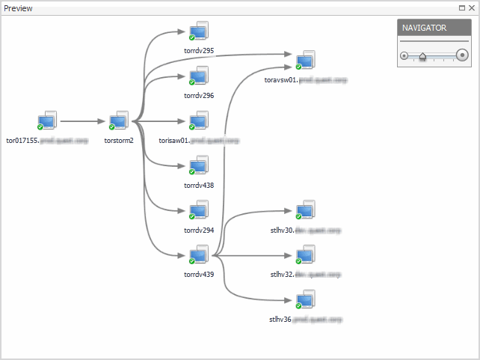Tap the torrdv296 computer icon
[x=199, y=76]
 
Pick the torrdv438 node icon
[x=199, y=166]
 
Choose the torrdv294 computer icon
[x=199, y=211]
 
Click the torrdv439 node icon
[x=199, y=255]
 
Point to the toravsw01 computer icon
[x=304, y=61]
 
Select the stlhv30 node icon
[x=304, y=211]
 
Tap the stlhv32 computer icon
[x=304, y=255]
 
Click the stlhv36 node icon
[x=304, y=300]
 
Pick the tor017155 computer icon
[x=47, y=121]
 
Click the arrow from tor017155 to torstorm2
[x=82, y=120]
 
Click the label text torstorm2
[x=119, y=140]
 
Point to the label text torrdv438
[x=199, y=185]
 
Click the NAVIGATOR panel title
[x=424, y=28]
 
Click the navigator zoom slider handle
[x=422, y=55]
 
